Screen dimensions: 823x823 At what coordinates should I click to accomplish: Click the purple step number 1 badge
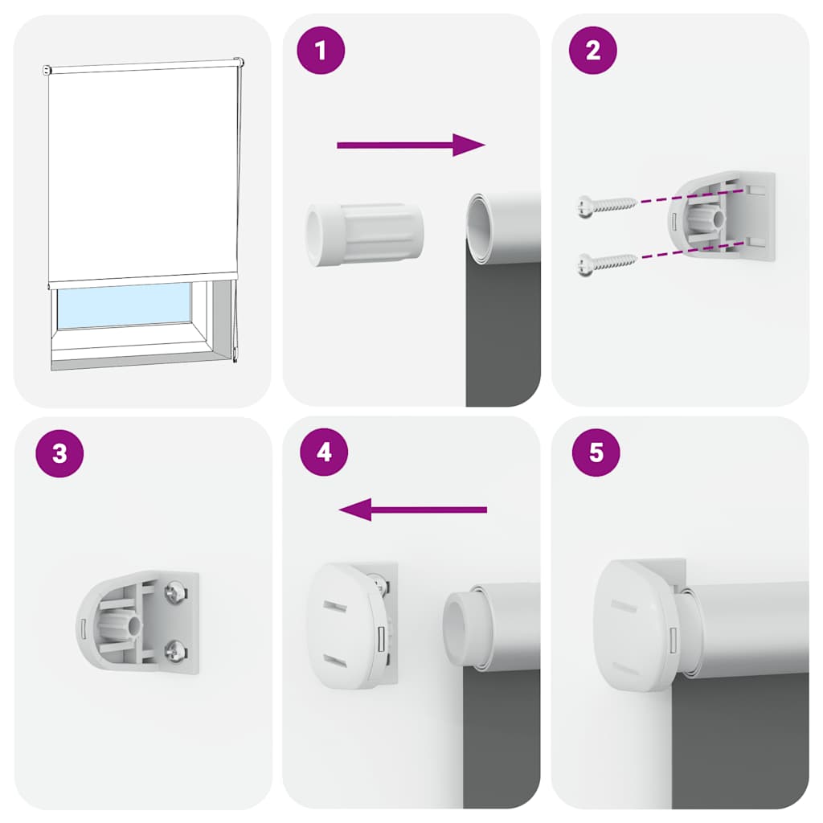(321, 51)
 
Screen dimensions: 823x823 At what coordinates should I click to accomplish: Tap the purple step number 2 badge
(593, 51)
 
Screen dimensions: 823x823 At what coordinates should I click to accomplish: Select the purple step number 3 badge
(59, 453)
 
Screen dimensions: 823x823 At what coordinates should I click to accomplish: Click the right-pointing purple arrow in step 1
(411, 145)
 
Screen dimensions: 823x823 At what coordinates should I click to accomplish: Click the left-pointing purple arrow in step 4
(413, 510)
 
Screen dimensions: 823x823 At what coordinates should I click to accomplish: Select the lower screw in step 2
(606, 260)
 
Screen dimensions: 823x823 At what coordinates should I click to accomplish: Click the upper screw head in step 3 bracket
(175, 595)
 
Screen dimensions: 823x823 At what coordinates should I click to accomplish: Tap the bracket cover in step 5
(635, 624)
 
